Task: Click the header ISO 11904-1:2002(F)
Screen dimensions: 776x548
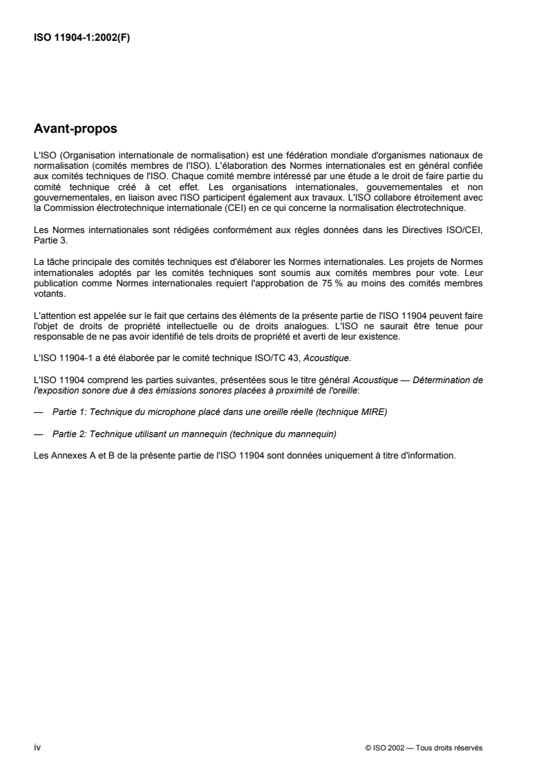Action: [82, 38]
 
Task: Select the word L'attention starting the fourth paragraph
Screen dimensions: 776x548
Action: [54, 313]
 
